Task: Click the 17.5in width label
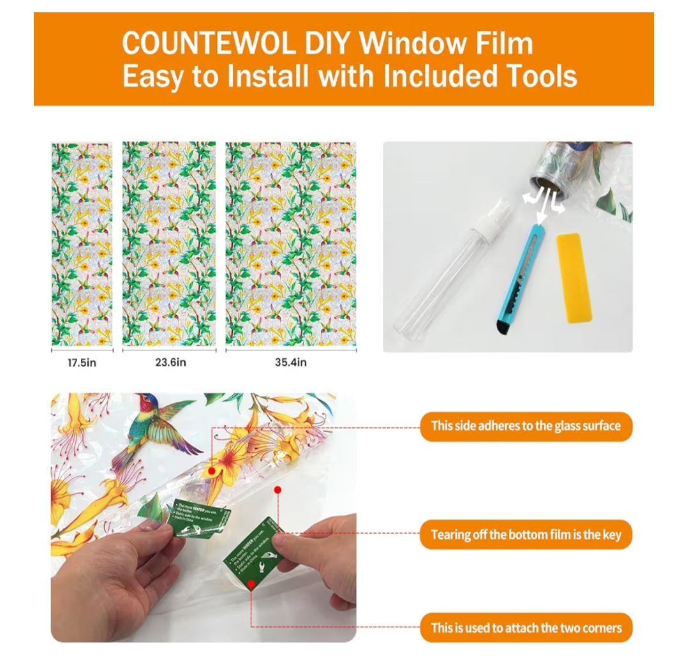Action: tap(82, 363)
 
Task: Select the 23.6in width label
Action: tap(170, 363)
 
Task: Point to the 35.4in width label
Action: tap(291, 363)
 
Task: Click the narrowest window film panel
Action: tap(82, 245)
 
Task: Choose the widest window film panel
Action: tap(291, 245)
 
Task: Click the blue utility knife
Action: tap(521, 275)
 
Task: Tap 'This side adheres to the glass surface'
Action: tap(526, 426)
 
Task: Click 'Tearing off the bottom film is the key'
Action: tap(526, 534)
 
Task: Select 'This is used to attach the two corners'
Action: tap(526, 628)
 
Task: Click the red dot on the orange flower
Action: tap(211, 471)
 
